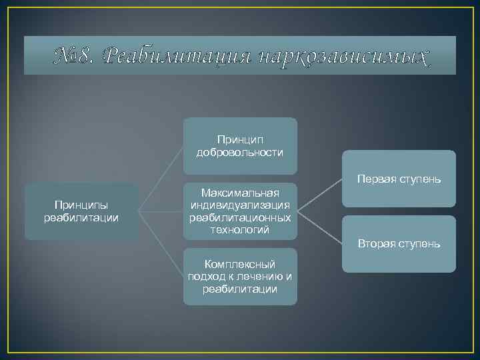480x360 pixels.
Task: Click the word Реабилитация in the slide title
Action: click(178, 56)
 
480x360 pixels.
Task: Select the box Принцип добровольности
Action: click(240, 146)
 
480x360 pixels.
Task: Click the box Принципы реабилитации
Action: click(81, 211)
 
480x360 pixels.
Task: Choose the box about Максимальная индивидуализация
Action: click(240, 211)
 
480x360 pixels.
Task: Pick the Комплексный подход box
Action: click(240, 276)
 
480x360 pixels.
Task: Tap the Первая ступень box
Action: click(399, 179)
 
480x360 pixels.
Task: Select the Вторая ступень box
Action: click(399, 244)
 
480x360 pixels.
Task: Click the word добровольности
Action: click(240, 153)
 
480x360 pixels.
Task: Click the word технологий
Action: click(240, 230)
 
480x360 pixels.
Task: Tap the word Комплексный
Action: click(240, 265)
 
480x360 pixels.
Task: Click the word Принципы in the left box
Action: click(81, 205)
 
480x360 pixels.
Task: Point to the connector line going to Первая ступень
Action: click(320, 195)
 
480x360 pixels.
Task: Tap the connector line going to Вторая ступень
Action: click(320, 227)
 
